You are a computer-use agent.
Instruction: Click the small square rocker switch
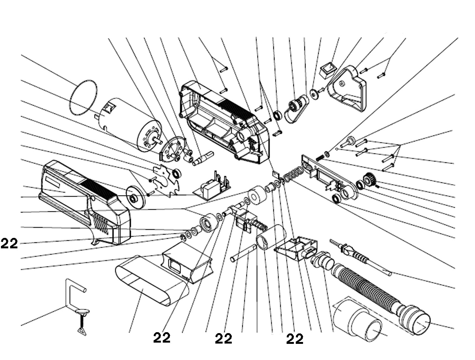coord(328,70)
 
